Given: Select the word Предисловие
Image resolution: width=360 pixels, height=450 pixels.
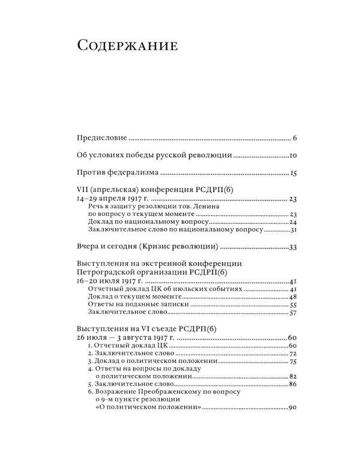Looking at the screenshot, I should click(101, 139).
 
